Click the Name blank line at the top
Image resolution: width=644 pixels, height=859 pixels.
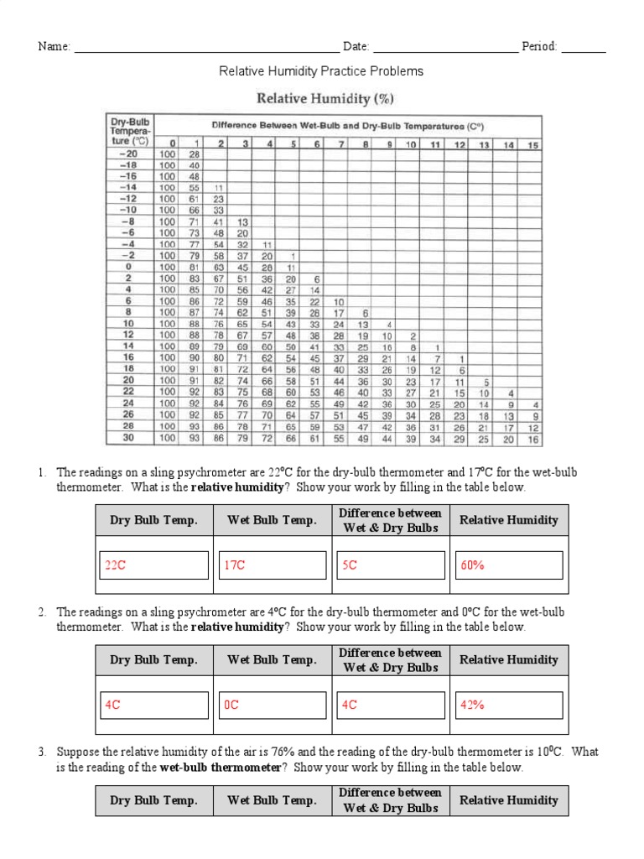(x=206, y=48)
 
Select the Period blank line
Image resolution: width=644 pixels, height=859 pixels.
(x=584, y=48)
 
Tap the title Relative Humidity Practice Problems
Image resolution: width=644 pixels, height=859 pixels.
(x=321, y=71)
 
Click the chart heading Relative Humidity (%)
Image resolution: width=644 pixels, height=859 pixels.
(x=325, y=98)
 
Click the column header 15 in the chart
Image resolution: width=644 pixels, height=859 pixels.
(x=533, y=144)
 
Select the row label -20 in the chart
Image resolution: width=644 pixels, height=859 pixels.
(x=128, y=155)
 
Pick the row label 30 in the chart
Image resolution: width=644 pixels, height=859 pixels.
(x=128, y=438)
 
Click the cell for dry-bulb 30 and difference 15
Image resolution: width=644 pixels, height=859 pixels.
(x=533, y=439)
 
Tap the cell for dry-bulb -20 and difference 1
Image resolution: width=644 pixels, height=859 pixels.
(x=195, y=155)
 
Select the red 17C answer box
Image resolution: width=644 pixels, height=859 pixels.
(x=272, y=565)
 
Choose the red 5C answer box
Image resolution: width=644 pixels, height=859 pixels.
(x=390, y=565)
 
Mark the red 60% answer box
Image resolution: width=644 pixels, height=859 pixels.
(x=508, y=565)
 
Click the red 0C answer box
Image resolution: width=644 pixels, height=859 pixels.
(x=272, y=705)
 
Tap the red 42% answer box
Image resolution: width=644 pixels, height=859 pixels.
(x=508, y=705)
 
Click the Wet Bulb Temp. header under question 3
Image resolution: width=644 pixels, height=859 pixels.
(x=272, y=800)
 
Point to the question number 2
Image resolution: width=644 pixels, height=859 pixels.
(x=41, y=612)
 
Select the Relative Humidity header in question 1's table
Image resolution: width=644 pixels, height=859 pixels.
(x=508, y=520)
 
